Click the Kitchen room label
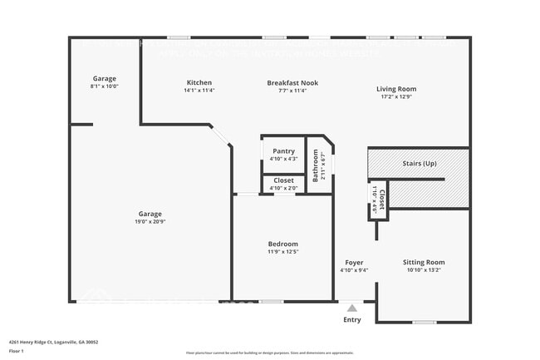pyautogui.click(x=199, y=83)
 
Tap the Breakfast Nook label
pyautogui.click(x=292, y=83)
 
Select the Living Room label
pyautogui.click(x=396, y=89)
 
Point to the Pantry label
pyautogui.click(x=283, y=151)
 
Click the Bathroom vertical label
pyautogui.click(x=316, y=165)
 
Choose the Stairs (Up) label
pyautogui.click(x=419, y=164)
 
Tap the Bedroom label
pyautogui.click(x=282, y=244)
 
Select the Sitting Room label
pyautogui.click(x=424, y=263)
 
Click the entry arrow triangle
pyautogui.click(x=352, y=308)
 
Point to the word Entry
pyautogui.click(x=352, y=319)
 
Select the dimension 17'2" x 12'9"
pyautogui.click(x=396, y=96)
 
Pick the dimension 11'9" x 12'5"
pyautogui.click(x=282, y=251)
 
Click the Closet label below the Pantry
pyautogui.click(x=283, y=180)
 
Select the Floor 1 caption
pyautogui.click(x=16, y=351)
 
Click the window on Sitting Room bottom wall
pyautogui.click(x=424, y=323)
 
